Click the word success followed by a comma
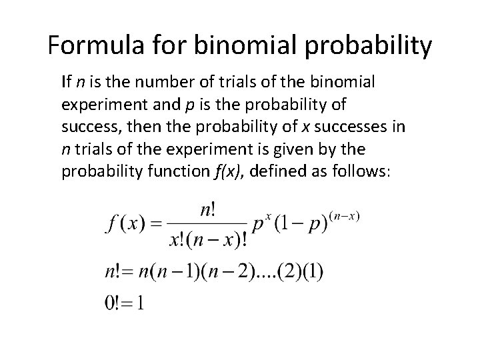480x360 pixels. (85, 127)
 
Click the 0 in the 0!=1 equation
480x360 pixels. (111, 303)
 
